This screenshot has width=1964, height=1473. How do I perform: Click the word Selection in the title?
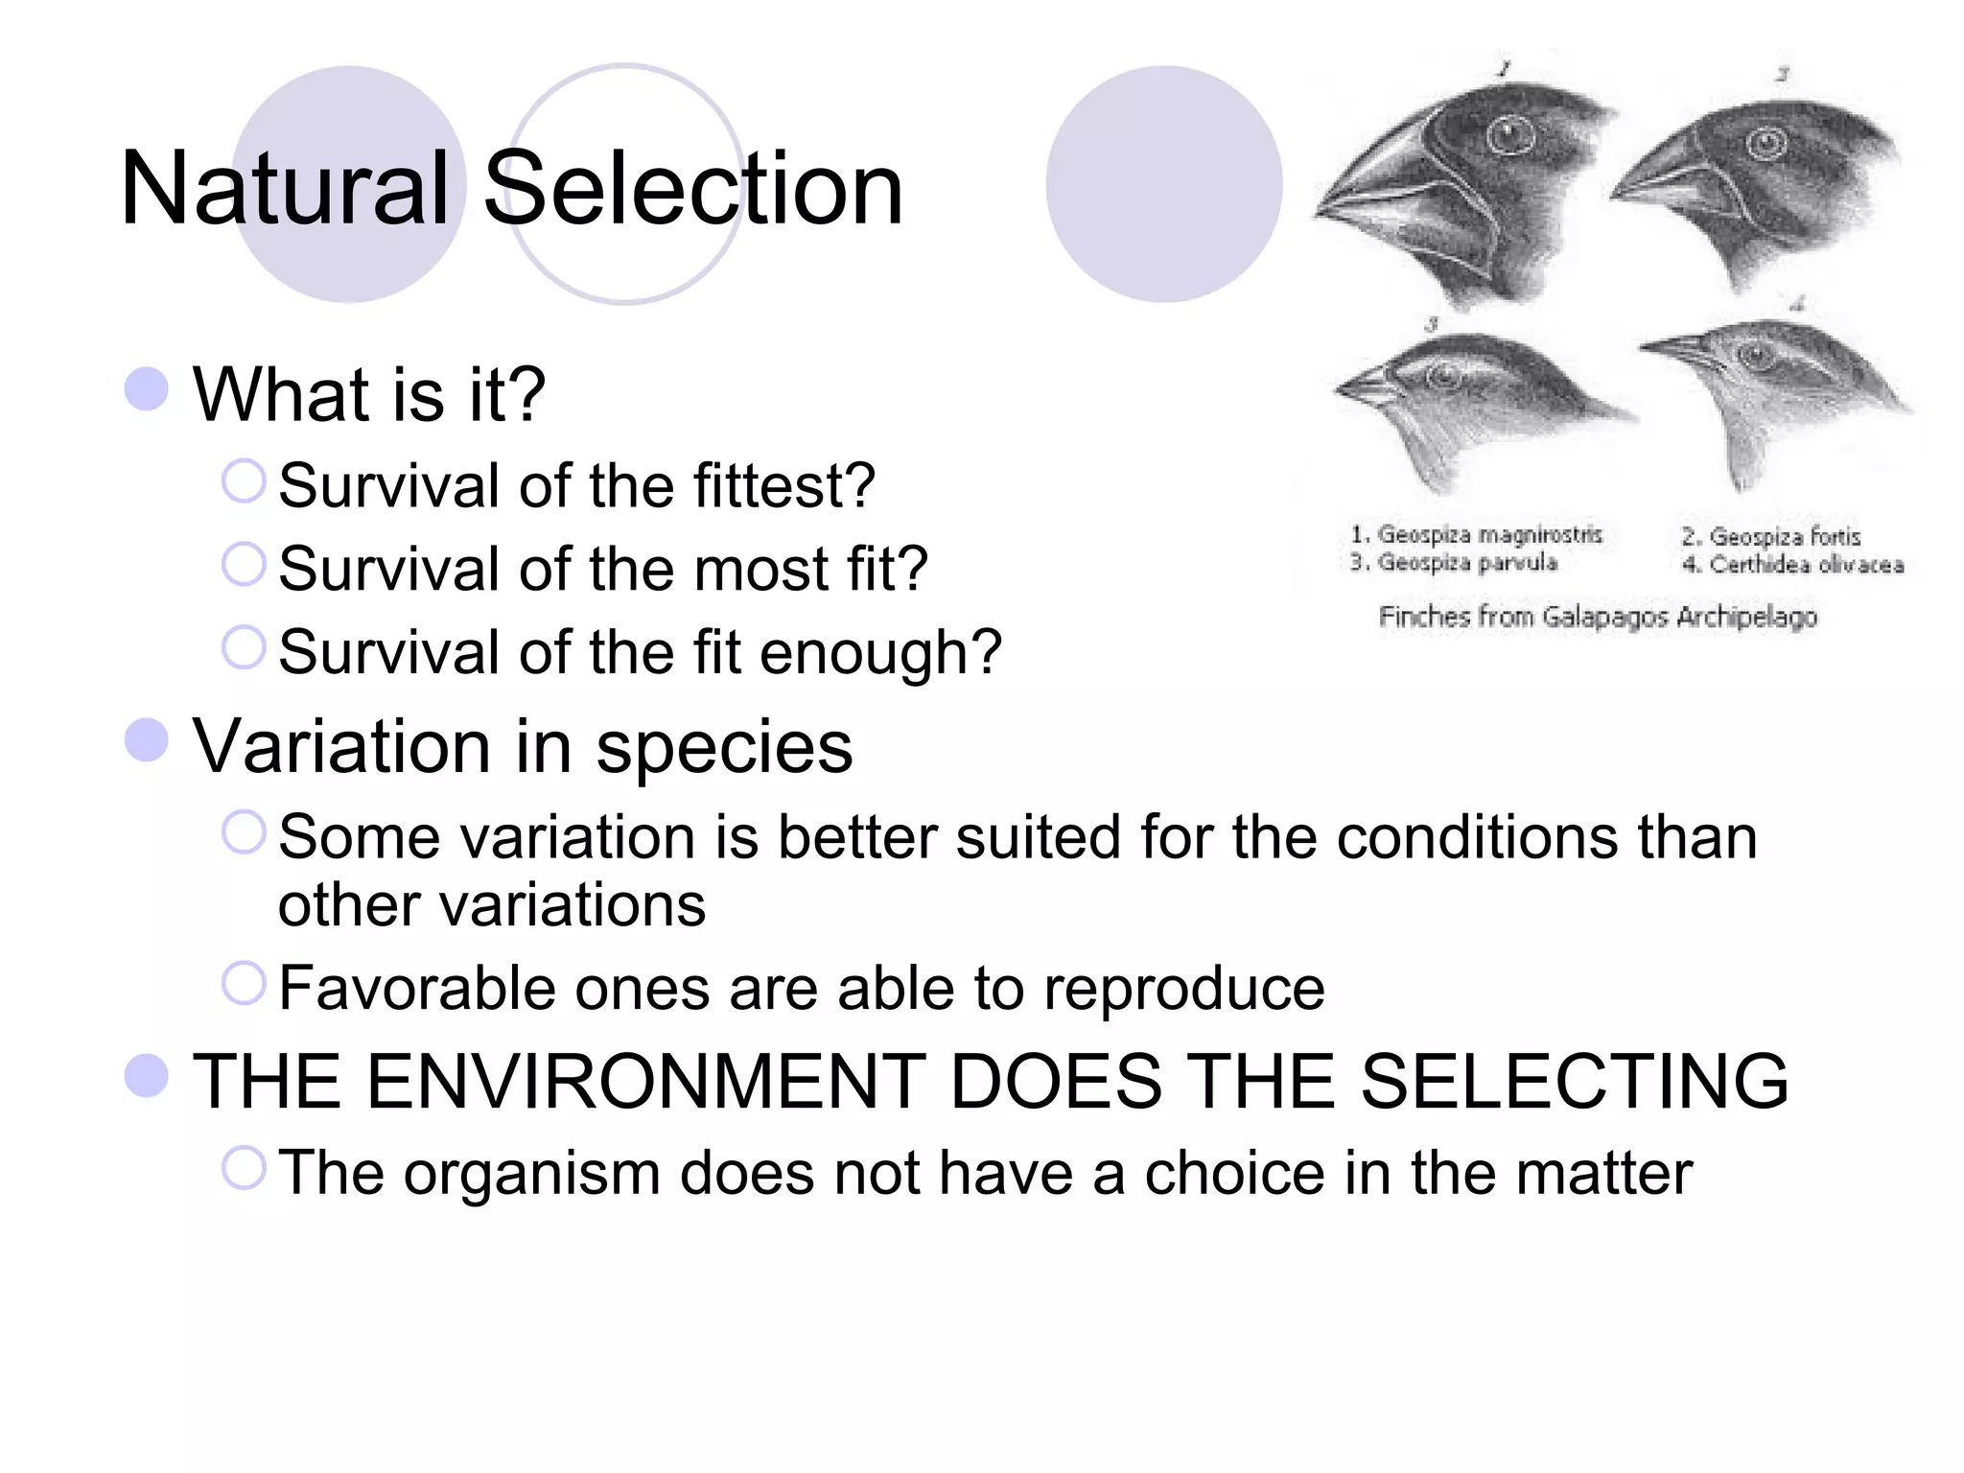coord(692,188)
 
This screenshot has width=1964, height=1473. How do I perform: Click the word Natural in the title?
coord(285,188)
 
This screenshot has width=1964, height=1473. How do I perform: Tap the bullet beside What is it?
coord(147,389)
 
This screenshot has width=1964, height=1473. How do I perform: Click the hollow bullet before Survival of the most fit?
coord(244,564)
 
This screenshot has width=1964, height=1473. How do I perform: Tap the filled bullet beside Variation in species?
coord(147,740)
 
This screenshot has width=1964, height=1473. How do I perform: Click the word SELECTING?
coord(1574,1082)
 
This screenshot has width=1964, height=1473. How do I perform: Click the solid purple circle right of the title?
coord(1163,184)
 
